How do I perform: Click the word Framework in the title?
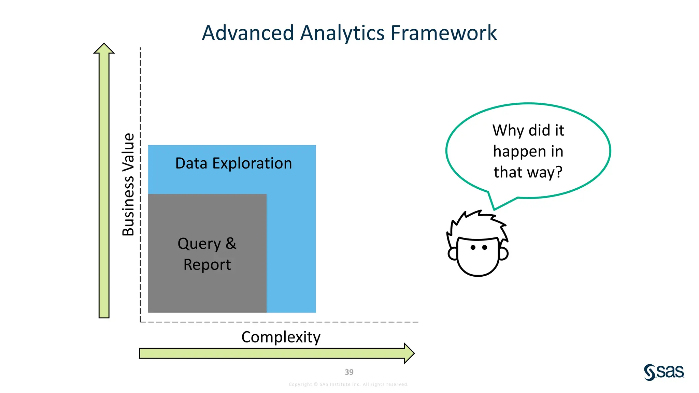pos(443,33)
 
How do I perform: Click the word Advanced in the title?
pos(248,33)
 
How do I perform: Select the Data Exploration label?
pos(233,163)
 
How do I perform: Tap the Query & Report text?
pos(207,254)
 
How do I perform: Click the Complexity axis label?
pos(281,337)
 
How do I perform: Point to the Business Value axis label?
pos(128,185)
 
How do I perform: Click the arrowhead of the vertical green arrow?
pos(104,49)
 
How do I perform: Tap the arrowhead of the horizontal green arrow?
pos(409,353)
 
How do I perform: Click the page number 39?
pos(349,372)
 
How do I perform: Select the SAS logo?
pos(664,372)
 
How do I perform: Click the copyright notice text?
pos(348,384)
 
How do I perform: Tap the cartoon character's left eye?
pos(473,247)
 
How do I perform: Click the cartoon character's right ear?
pos(503,253)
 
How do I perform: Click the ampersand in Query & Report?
pos(231,243)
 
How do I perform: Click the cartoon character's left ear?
pos(453,253)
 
